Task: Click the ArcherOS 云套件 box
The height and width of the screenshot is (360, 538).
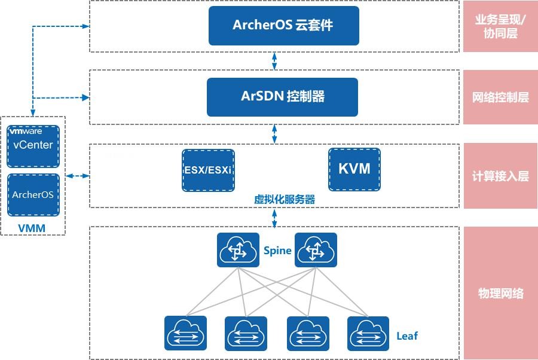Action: (x=283, y=26)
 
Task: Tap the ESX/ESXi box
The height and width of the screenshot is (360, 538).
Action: (x=207, y=170)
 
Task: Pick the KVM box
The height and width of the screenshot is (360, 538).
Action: (x=354, y=169)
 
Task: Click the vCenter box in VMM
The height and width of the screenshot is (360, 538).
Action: (x=33, y=145)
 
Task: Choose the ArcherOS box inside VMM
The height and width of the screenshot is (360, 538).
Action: (x=33, y=194)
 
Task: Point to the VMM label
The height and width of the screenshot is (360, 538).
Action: (x=32, y=228)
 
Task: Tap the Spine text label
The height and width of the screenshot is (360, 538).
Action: (x=277, y=251)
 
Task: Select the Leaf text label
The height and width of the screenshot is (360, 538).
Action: (x=407, y=335)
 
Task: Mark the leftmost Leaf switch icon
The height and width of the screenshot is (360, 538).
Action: (x=185, y=333)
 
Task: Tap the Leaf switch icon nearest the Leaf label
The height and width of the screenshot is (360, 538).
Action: (x=368, y=333)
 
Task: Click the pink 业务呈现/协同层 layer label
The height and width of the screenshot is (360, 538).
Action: (x=500, y=26)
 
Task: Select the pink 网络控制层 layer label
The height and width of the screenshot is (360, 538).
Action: (x=500, y=97)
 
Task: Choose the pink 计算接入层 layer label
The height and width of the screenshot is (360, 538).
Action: (x=500, y=176)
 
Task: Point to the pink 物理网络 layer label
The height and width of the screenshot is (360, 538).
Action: (x=500, y=293)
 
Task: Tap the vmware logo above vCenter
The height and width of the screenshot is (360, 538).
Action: (x=26, y=130)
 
